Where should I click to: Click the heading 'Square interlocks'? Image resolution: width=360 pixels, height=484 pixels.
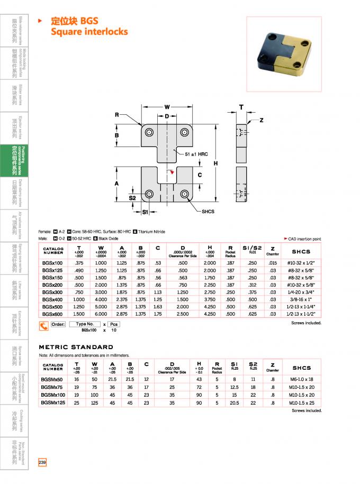pos(89,32)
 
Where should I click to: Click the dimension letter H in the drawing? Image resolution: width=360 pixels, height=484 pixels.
pos(215,163)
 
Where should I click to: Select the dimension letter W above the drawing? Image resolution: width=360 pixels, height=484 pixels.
pos(167,105)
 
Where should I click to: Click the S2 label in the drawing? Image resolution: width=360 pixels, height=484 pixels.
pos(132,198)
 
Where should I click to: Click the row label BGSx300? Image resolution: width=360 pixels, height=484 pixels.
pos(52,291)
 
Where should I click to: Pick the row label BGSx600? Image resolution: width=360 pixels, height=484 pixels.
pos(52,314)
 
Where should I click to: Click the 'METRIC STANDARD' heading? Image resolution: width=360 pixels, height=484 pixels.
pos(76,347)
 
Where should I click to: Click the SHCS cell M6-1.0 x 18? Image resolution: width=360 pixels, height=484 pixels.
pos(301,379)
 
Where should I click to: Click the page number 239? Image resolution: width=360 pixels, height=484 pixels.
pos(42,463)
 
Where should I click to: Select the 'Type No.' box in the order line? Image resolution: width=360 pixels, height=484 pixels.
pos(85,324)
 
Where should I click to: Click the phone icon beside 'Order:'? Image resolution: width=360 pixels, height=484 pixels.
pos(44,326)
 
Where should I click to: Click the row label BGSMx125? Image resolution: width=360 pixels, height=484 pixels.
pos(53,403)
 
